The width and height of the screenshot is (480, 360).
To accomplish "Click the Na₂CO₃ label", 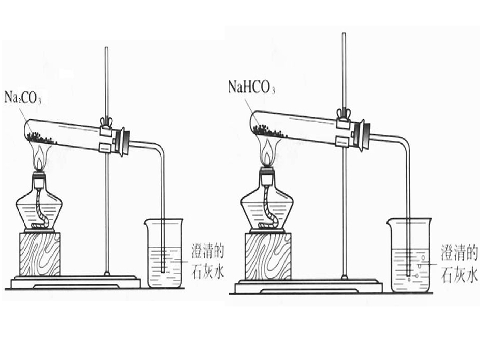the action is point(22,97).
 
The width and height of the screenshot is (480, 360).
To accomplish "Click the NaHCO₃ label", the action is point(251,86).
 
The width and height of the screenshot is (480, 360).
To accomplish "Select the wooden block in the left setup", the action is point(40,254).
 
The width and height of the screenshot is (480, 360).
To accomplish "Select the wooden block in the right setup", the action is point(268,256).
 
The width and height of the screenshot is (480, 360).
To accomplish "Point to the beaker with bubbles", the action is point(409,255).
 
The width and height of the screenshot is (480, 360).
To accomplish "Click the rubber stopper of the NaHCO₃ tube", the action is point(364,134).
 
